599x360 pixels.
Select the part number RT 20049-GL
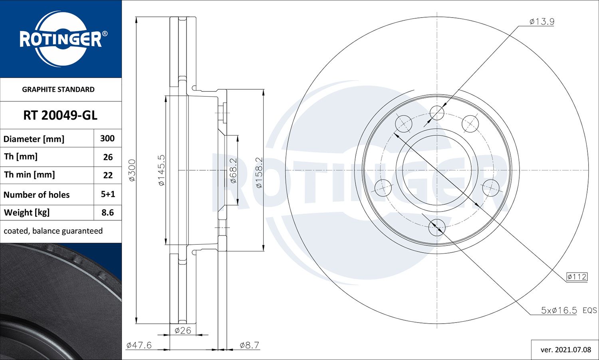pos(60,115)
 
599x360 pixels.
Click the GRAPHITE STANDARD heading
pos(58,89)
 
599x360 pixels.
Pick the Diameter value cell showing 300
pos(107,138)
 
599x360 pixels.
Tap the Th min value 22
pos(108,175)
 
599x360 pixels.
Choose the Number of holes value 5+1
pos(108,194)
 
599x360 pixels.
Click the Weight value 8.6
pos(108,213)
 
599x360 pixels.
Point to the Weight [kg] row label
pos(27,213)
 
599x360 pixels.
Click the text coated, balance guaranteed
pos(53,231)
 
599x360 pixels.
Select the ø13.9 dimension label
pos(541,22)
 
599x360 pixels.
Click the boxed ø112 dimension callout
pos(577,277)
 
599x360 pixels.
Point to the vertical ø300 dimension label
pos(132,170)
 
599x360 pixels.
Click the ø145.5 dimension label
pos(161,170)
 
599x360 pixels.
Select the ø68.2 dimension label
pos(234,170)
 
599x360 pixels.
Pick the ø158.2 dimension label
pos(259,172)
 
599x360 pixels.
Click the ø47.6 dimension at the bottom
pos(139,345)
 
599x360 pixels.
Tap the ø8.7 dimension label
pos(249,345)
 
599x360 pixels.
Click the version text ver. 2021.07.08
pos(565,350)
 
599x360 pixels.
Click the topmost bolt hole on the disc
pos(437,113)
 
